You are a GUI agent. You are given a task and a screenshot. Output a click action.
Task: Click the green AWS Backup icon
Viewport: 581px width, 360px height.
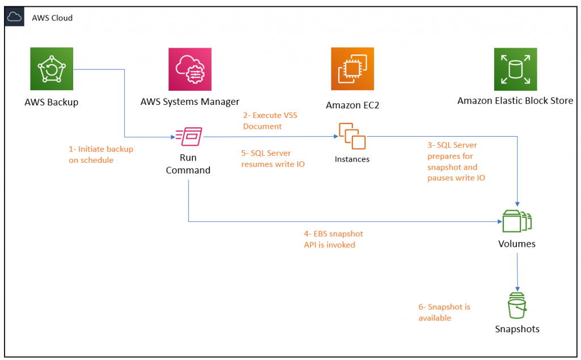tap(52, 69)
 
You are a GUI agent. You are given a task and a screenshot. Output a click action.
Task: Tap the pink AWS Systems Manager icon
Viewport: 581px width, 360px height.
tap(190, 69)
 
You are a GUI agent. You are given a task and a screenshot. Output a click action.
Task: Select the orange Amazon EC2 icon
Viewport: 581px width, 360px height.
tap(352, 69)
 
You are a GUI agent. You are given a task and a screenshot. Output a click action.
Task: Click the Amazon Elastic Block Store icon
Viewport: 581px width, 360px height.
tap(515, 69)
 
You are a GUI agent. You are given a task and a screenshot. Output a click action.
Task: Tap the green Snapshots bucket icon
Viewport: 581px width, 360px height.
tap(516, 306)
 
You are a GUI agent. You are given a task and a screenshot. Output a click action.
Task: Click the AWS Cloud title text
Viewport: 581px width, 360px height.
tap(52, 18)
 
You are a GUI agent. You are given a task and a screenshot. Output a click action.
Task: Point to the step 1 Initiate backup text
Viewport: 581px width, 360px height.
tap(101, 154)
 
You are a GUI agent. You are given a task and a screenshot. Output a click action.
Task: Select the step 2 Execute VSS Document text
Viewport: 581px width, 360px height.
tap(270, 121)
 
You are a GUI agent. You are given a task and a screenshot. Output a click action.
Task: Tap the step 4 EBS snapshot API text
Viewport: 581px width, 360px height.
tap(333, 239)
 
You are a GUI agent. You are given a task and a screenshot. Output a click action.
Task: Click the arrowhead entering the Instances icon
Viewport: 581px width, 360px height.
tap(334, 137)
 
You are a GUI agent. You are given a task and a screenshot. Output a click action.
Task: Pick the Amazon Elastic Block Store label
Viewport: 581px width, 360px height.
tap(515, 101)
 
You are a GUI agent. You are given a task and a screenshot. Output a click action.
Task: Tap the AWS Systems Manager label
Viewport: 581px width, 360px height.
tap(190, 102)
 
